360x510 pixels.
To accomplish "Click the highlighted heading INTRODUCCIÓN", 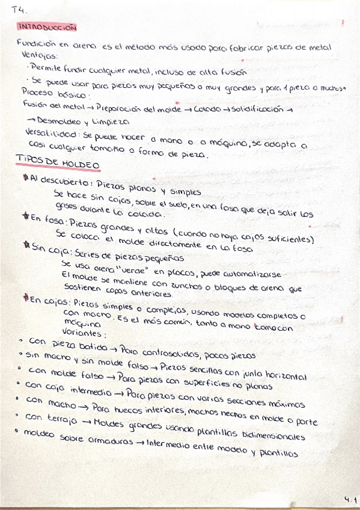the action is point(47,27).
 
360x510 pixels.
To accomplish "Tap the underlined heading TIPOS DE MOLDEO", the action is point(57,164).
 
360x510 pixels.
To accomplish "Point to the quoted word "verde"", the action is point(123,265).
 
